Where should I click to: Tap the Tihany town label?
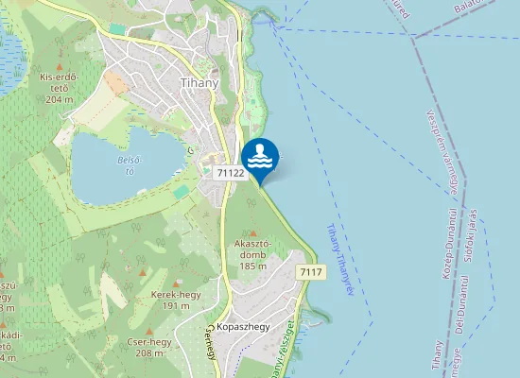[x=199, y=83]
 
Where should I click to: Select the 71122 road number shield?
[x=230, y=173]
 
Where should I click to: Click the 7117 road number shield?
[x=310, y=272]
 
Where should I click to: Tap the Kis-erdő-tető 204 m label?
[x=58, y=87]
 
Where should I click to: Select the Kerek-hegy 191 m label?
[x=171, y=300]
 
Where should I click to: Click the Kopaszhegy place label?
[x=243, y=326]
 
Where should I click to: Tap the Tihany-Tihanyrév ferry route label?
[x=338, y=260]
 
